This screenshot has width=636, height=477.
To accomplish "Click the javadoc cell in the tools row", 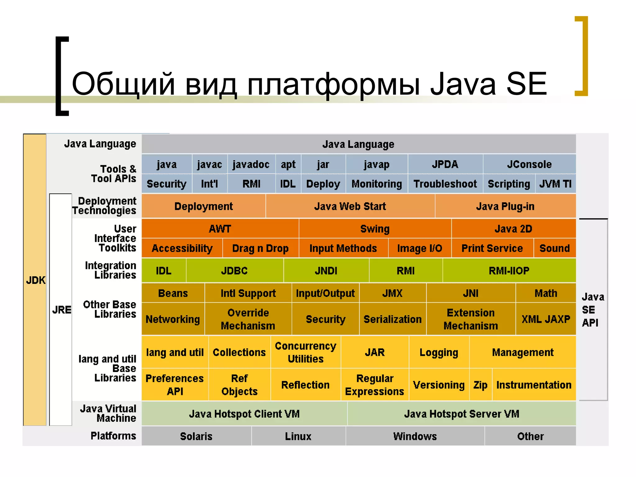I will pyautogui.click(x=251, y=164).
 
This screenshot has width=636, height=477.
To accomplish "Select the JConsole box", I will pyautogui.click(x=529, y=164).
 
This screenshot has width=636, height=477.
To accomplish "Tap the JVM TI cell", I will pyautogui.click(x=555, y=184).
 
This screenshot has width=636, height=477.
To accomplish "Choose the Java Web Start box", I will pyautogui.click(x=350, y=206).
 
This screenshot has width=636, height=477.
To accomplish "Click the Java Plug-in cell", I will pyautogui.click(x=505, y=206).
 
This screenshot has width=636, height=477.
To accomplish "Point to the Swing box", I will pyautogui.click(x=375, y=229).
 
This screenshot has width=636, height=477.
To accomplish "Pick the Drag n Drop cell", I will pyautogui.click(x=260, y=248).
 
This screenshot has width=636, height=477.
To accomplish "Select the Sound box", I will pyautogui.click(x=555, y=248).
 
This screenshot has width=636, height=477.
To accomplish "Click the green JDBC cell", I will pyautogui.click(x=234, y=271).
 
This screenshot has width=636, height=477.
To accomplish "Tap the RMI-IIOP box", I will pyautogui.click(x=509, y=271).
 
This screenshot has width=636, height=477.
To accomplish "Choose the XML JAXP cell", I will pyautogui.click(x=546, y=319).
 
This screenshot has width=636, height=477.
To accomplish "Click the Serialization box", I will pyautogui.click(x=393, y=319).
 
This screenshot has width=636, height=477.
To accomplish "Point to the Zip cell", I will pyautogui.click(x=480, y=385).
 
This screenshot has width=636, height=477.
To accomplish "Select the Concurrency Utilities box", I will pyautogui.click(x=306, y=352).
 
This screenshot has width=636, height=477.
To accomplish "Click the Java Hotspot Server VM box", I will pyautogui.click(x=461, y=414).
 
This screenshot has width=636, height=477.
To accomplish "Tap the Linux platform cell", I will pyautogui.click(x=298, y=436).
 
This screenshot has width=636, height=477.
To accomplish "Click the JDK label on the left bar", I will pyautogui.click(x=35, y=280).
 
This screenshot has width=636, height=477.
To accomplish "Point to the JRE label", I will pyautogui.click(x=61, y=310).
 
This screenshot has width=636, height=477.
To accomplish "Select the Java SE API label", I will pyautogui.click(x=593, y=310).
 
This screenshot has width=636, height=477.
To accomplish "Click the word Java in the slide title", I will pyautogui.click(x=463, y=84).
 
